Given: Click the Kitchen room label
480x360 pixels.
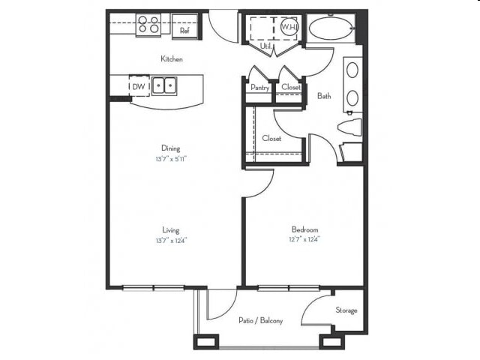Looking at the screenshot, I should coord(172,58).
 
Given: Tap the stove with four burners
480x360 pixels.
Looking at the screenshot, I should coord(148,25).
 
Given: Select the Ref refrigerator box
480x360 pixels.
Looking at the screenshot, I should coord(184,28).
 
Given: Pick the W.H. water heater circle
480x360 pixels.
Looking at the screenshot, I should coord(289,27).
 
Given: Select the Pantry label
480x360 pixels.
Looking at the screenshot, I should coord(259,88).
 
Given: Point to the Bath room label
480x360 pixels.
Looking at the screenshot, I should coord(324,96).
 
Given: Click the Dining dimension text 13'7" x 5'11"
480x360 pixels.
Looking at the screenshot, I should coord(172,159).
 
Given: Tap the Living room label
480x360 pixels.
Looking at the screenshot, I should coord(172,230).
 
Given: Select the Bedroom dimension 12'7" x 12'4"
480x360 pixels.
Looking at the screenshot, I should coord(305,240).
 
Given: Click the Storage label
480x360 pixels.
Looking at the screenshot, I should coord(346,310).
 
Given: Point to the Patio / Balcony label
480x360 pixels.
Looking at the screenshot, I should coord(260,321).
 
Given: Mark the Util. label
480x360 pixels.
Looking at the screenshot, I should coord(265,46).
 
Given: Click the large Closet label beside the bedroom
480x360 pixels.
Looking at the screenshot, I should coord(271,138).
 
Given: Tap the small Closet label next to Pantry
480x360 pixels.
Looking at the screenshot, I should coord(290,88).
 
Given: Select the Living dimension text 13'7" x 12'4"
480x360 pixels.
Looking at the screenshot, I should coord(172,241).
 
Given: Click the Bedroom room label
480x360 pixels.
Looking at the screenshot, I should coord(305,229).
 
